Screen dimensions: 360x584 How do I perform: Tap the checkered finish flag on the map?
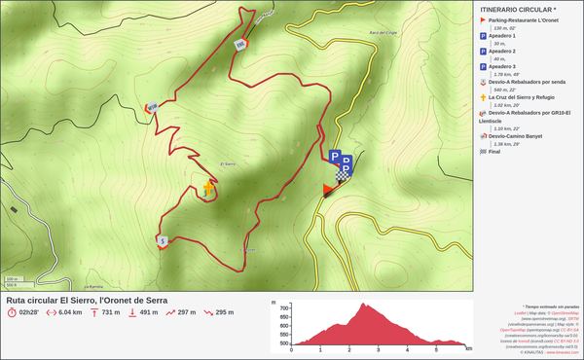tap(342, 176)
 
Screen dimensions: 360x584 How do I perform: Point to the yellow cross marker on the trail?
tap(208, 189)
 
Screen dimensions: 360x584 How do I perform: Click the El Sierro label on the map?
tap(230, 162)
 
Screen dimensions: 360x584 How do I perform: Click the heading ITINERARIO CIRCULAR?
tap(519, 8)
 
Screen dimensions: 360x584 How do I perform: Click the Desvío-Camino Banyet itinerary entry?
tap(523, 136)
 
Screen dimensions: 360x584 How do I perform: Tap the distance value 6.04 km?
tap(69, 313)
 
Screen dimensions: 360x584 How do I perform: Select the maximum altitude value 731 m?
tap(110, 313)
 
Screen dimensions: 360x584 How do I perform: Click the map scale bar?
tap(12, 283)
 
